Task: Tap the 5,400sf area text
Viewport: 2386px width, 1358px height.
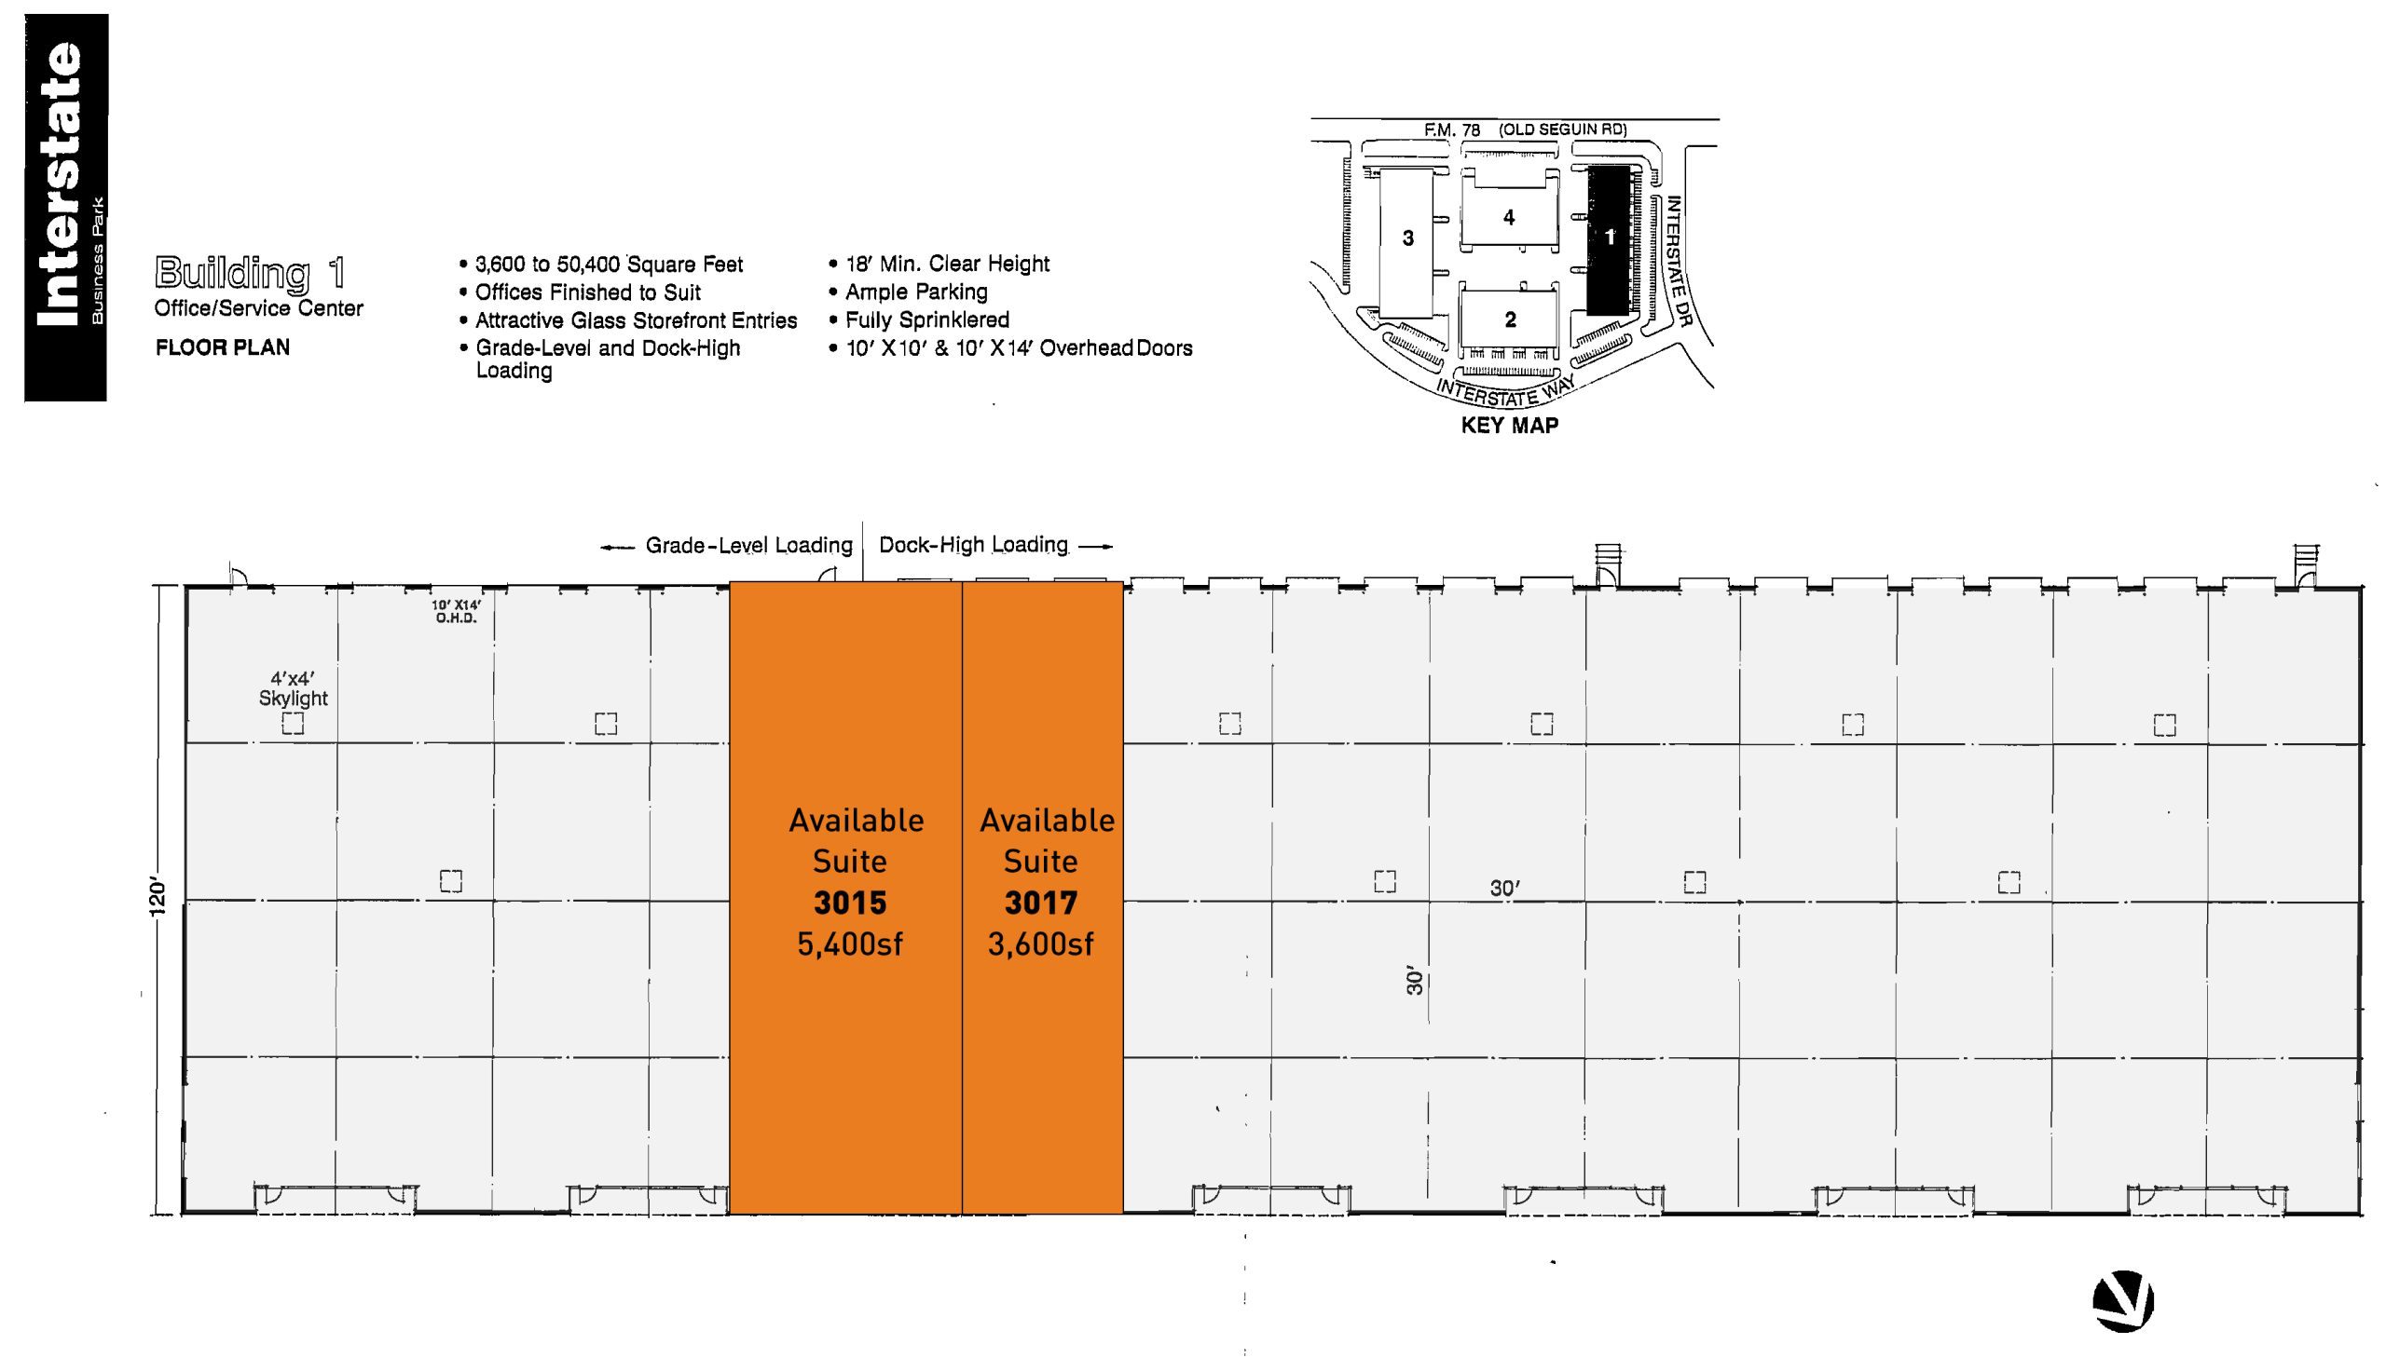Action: coord(850,944)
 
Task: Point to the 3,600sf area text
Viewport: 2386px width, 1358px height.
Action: coord(1040,944)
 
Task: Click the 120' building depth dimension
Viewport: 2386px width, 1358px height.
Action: coord(157,896)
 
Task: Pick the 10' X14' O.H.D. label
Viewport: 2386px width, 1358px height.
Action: coord(457,612)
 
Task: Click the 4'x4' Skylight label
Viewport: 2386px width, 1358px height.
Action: coord(293,688)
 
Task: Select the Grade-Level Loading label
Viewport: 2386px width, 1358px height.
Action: coord(748,546)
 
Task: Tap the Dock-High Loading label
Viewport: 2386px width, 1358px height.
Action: coord(973,545)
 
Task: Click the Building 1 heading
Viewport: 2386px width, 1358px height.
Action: coord(250,273)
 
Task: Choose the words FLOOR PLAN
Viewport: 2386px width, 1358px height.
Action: coord(222,348)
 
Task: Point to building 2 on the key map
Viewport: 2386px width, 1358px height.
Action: coord(1510,319)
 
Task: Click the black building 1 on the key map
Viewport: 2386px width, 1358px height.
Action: coord(1608,239)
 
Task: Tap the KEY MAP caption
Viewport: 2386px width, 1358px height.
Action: coord(1510,426)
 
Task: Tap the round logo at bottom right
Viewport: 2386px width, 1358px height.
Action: coord(2123,1300)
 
